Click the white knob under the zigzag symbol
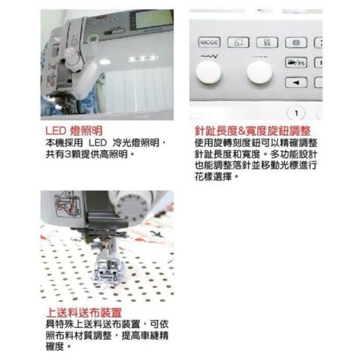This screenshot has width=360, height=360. (209, 73)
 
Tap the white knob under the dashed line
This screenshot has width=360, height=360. (259, 73)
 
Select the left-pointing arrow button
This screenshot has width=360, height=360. (296, 83)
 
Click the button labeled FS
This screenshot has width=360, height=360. (296, 62)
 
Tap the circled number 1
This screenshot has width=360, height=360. (296, 114)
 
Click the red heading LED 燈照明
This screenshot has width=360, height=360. (74, 131)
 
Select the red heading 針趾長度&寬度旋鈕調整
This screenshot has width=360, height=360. (253, 131)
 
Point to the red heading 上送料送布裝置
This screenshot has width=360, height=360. (84, 313)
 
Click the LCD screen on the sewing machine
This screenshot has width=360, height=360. (152, 19)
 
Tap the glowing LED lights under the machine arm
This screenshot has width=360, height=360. (143, 58)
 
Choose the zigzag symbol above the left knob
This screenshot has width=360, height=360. (209, 56)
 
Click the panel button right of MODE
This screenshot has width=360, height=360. (238, 43)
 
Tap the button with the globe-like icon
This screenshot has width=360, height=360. (296, 43)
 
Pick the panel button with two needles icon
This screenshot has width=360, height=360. (267, 43)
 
